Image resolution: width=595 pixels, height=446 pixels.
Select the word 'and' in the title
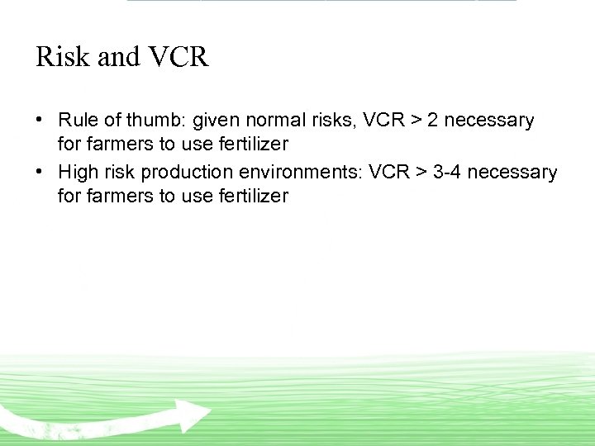click(x=118, y=57)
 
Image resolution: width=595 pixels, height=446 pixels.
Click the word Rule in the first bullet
click(x=76, y=121)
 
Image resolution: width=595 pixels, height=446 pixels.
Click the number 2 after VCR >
click(x=433, y=121)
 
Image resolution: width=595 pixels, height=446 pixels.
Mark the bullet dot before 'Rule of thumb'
click(x=40, y=120)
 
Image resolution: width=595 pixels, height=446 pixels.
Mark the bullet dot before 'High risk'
click(x=40, y=172)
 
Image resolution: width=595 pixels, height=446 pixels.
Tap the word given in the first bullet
click(x=216, y=121)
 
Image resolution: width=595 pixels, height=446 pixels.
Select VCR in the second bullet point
click(x=388, y=173)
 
